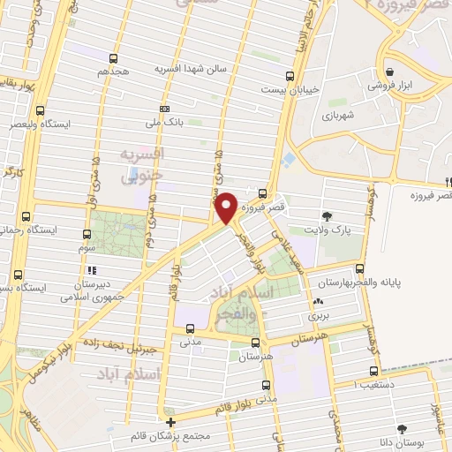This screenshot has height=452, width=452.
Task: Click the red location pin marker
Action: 227,208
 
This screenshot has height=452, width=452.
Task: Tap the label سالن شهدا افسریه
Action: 192,68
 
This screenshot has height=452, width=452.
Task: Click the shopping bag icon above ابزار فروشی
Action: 388,72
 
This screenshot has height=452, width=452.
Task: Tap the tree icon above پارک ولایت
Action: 328,215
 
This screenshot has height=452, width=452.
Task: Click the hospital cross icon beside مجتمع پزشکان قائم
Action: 170,423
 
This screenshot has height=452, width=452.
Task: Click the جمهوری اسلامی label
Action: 90,297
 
